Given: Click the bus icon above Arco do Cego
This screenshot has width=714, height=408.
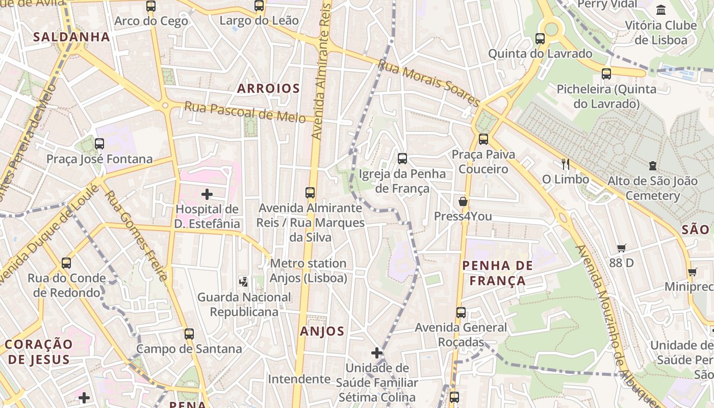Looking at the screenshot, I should [150, 6].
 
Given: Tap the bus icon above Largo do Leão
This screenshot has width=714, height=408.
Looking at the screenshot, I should [259, 6].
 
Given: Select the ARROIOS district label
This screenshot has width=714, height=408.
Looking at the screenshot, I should [268, 88].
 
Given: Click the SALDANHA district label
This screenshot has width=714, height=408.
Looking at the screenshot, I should [71, 37].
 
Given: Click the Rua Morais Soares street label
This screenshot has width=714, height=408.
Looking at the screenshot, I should [428, 83].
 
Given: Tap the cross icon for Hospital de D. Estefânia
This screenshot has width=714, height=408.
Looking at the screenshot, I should [207, 194].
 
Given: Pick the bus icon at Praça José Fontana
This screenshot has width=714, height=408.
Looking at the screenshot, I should [99, 144].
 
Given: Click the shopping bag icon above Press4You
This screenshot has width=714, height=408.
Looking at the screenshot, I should [463, 201].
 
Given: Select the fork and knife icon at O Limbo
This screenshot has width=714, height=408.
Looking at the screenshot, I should [565, 164].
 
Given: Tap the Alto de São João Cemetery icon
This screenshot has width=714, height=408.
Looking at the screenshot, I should [653, 166].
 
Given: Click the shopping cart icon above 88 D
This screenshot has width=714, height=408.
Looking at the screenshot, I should [621, 248].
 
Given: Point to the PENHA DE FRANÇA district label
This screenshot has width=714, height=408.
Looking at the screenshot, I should [497, 273].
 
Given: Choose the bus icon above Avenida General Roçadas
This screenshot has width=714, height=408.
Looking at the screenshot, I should [461, 312].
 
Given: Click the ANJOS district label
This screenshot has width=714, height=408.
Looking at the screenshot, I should [322, 331].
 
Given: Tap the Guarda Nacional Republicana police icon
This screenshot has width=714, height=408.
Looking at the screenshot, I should [244, 282].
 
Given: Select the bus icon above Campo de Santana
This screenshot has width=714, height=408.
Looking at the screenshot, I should [189, 334].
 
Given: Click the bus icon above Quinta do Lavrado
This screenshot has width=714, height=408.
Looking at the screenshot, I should [540, 39].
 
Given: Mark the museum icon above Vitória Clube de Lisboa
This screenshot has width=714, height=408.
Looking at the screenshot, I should [661, 10].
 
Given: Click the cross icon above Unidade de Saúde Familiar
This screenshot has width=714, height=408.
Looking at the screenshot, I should [377, 353].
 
